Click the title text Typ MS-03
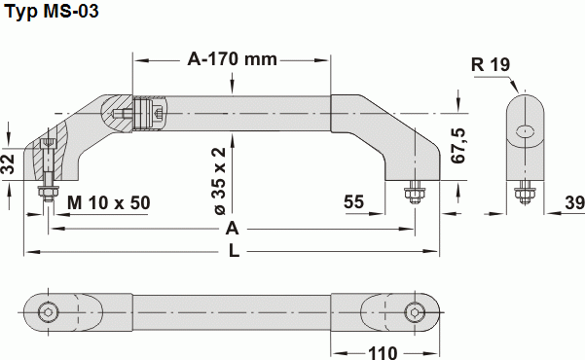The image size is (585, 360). point(51,13)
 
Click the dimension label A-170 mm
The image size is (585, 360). point(232,60)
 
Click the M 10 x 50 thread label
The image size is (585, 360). point(109,202)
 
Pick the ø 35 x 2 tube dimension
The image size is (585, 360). point(219,181)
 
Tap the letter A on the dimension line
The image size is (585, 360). point(233,229)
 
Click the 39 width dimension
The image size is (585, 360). point(573,202)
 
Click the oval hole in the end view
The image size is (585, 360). point(525,131)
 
